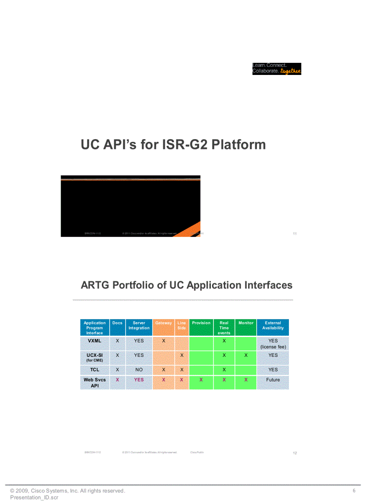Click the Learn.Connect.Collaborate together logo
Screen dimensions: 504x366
click(276, 69)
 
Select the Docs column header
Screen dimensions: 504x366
click(118, 323)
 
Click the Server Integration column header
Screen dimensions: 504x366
click(139, 325)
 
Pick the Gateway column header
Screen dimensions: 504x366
click(163, 323)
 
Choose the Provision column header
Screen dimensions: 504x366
click(201, 323)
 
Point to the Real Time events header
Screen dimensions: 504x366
click(224, 328)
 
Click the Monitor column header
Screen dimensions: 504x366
click(246, 323)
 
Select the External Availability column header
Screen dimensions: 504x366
click(273, 325)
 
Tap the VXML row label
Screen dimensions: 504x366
click(95, 341)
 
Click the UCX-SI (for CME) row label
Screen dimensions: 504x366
click(95, 357)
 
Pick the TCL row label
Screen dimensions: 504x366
click(95, 370)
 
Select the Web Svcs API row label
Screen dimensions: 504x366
click(95, 382)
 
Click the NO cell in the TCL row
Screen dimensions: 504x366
click(139, 370)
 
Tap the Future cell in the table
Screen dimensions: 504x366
click(273, 380)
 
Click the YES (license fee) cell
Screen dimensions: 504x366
click(273, 344)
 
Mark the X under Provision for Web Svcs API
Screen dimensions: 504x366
click(201, 380)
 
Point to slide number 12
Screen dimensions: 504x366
click(295, 453)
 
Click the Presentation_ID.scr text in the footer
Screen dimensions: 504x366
click(34, 497)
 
